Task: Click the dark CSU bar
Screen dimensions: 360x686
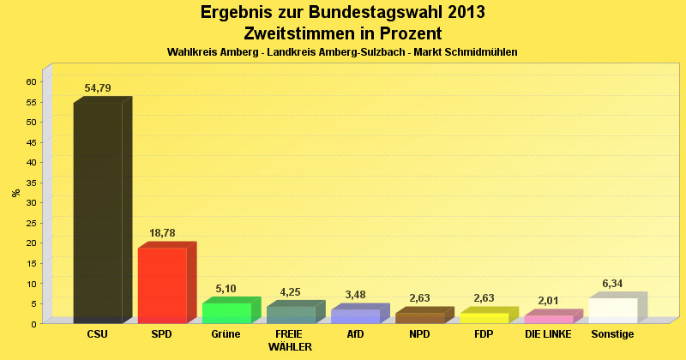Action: [x=98, y=213]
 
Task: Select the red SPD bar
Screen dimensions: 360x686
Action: [x=162, y=285]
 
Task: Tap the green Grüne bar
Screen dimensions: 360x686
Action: [x=226, y=313]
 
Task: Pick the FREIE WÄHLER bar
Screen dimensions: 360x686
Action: [x=291, y=315]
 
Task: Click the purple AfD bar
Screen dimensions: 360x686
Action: [x=355, y=316]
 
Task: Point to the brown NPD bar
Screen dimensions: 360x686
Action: [x=419, y=318]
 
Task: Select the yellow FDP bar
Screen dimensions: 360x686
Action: [x=484, y=318]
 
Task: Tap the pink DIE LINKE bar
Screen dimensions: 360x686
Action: [x=548, y=319]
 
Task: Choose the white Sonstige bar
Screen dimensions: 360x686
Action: [x=612, y=310]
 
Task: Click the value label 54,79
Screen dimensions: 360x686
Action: [x=98, y=88]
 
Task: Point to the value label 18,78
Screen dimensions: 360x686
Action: [x=162, y=233]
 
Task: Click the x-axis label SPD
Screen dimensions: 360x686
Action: [x=162, y=334]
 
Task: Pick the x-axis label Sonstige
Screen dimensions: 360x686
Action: [x=612, y=334]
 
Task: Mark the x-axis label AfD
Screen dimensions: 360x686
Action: [x=355, y=334]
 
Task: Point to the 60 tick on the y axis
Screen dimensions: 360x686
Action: [x=30, y=81]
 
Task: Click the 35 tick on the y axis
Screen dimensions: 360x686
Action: [x=30, y=183]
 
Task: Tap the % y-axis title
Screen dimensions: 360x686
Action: [x=15, y=193]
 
